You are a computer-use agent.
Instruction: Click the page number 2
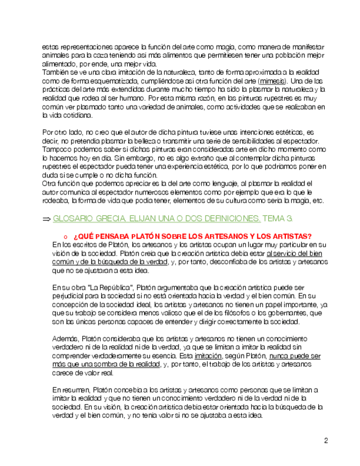point(325,441)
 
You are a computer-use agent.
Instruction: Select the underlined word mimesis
point(273,81)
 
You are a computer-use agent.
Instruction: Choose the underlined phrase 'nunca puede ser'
point(294,356)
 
